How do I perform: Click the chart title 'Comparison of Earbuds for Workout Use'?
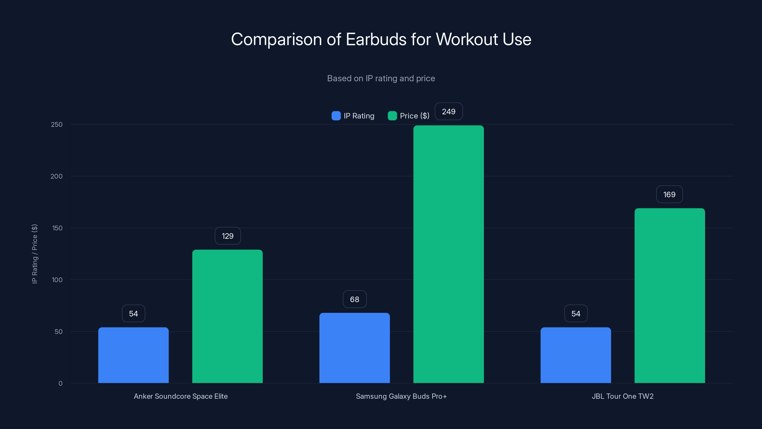coord(381,39)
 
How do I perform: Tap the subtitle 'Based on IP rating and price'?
coord(381,78)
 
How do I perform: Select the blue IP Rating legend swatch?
coord(336,116)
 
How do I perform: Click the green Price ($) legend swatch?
coord(392,116)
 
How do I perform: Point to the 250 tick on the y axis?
coord(57,125)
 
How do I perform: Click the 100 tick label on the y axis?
coord(57,280)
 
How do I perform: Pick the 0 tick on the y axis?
coord(60,383)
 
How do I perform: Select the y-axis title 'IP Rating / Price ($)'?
coord(35,254)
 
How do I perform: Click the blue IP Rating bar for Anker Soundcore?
coord(133,355)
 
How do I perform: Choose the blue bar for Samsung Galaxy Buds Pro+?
coord(354,348)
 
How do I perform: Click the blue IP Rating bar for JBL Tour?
coord(576,355)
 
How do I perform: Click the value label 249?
coord(449,112)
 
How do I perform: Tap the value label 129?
coord(227,236)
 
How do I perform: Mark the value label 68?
coord(354,299)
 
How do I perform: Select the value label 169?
coord(669,194)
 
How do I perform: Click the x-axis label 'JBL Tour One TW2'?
coord(623,396)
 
